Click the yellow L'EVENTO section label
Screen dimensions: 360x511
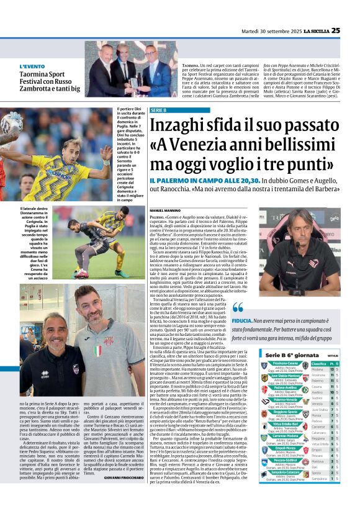[x=32, y=66]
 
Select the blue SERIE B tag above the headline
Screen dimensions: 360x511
[x=159, y=111]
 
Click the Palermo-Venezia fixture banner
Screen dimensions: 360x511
[x=285, y=400]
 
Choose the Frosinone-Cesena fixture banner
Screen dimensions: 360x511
[x=285, y=363]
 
